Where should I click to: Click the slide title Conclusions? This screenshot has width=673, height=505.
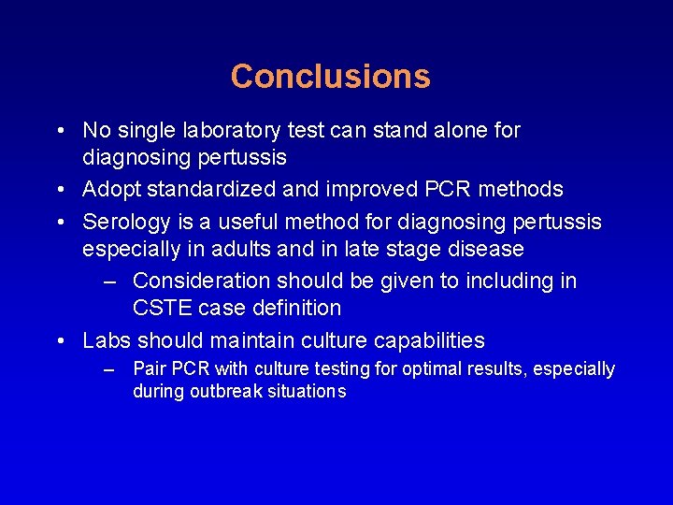click(x=330, y=77)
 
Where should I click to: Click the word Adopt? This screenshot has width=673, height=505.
click(x=111, y=190)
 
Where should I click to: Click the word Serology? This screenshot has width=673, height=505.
click(x=124, y=222)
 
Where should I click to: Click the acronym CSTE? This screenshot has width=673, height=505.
click(x=165, y=309)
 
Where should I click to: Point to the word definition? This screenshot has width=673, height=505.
click(x=294, y=309)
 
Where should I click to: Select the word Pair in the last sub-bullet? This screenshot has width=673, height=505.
click(x=150, y=369)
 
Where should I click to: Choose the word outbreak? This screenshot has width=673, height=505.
click(x=222, y=392)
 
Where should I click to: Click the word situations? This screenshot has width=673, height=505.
click(x=305, y=392)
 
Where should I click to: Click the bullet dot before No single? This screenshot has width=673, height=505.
click(x=60, y=131)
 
